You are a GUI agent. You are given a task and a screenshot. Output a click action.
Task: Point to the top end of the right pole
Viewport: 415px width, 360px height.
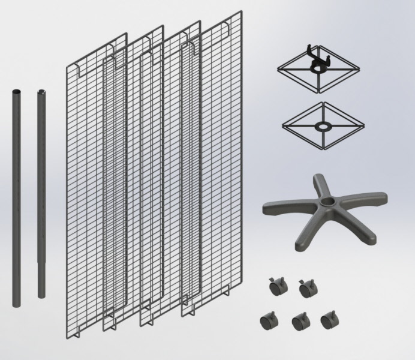(41, 92)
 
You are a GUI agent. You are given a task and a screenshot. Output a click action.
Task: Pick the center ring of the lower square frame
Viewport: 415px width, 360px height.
(322, 127)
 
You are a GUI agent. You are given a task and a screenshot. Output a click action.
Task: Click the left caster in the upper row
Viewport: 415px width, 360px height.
(277, 287)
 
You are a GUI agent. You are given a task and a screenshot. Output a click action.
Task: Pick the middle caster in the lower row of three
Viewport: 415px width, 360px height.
(299, 322)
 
